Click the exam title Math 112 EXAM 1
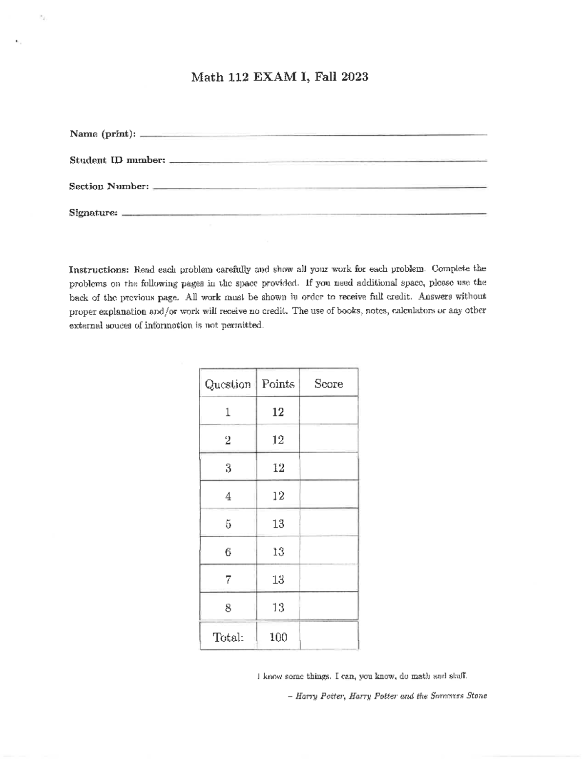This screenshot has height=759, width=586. (251, 77)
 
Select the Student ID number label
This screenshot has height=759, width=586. (117, 160)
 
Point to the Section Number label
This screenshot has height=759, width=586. (108, 187)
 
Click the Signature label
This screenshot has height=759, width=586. (93, 213)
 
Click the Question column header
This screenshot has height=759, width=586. (228, 384)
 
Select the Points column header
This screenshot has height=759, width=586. (278, 384)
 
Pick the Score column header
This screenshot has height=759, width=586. (329, 384)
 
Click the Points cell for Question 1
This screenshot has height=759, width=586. (278, 412)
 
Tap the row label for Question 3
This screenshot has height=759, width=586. (228, 468)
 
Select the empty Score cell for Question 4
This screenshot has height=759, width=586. (329, 496)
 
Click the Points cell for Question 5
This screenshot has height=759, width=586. (278, 524)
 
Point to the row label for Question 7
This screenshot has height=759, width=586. (228, 580)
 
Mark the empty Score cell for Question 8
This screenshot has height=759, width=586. (329, 608)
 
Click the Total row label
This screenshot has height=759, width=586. (228, 637)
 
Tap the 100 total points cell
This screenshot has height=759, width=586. (278, 637)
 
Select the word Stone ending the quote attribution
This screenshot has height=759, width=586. (476, 696)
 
